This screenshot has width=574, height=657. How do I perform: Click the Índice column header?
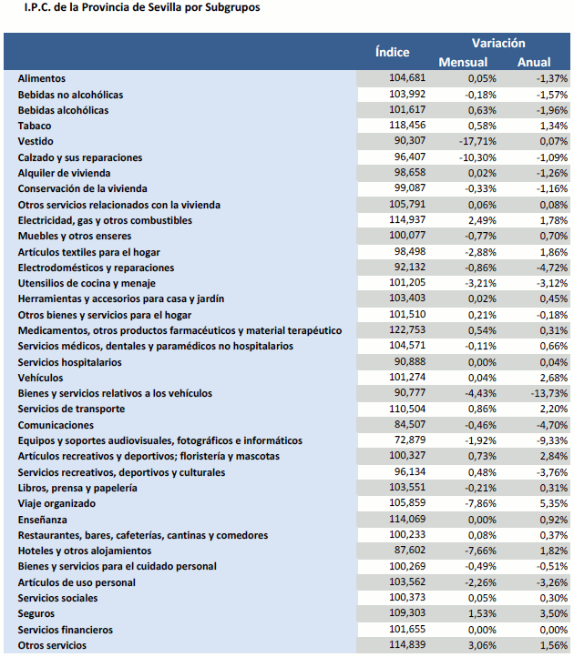(393, 53)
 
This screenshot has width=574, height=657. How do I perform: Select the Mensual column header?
(463, 63)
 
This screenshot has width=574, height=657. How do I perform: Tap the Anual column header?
(534, 63)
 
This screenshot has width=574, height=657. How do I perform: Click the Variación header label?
(498, 43)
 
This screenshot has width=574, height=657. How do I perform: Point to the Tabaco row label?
(35, 126)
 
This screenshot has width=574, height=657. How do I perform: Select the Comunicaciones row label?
(56, 425)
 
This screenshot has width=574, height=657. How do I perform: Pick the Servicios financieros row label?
(66, 630)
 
